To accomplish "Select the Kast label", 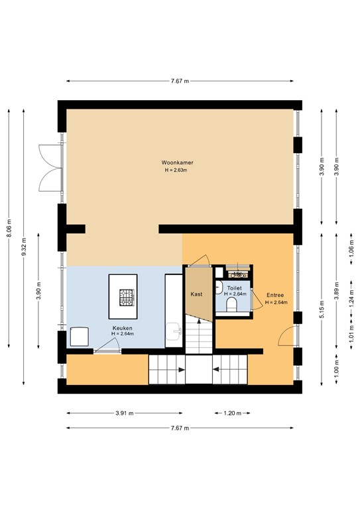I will [197, 293].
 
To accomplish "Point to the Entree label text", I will [276, 296].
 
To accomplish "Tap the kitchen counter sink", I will [176, 331].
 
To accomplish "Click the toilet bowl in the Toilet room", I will [231, 305].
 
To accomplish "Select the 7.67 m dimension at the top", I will [180, 81].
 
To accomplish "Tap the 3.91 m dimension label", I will [123, 413].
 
